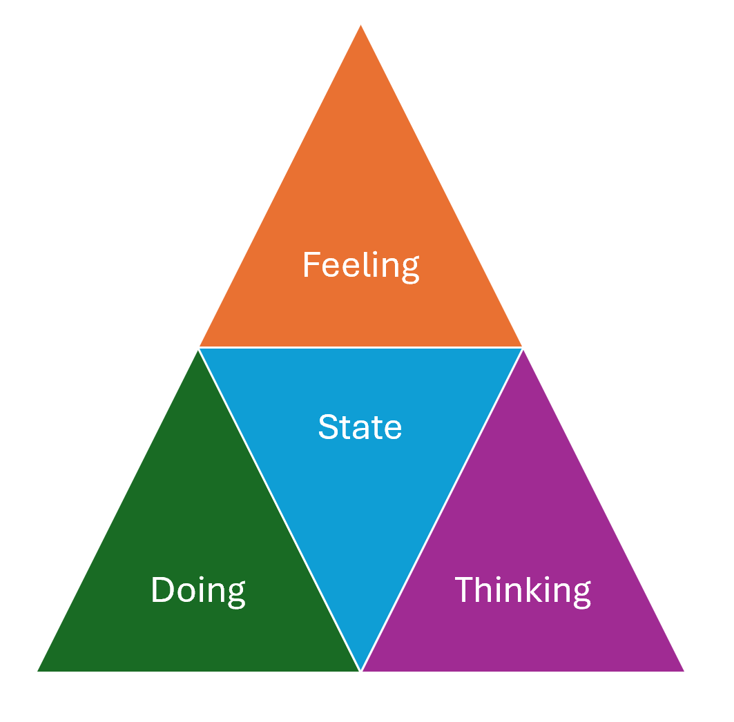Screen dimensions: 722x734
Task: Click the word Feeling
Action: (x=360, y=266)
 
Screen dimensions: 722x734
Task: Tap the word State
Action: (x=360, y=427)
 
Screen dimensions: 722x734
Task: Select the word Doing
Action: (x=198, y=591)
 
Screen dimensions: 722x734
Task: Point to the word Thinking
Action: (x=523, y=591)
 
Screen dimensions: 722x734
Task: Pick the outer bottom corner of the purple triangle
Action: (x=682, y=670)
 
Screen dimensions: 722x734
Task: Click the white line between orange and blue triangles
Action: (x=360, y=347)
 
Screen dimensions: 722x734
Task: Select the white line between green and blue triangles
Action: (x=280, y=509)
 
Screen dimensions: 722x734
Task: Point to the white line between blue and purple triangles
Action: (x=442, y=509)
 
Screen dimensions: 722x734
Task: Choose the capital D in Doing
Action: (x=162, y=590)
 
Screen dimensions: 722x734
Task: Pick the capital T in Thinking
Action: (x=465, y=590)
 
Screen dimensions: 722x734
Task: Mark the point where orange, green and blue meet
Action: (x=199, y=348)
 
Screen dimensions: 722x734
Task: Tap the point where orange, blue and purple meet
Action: (x=522, y=348)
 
